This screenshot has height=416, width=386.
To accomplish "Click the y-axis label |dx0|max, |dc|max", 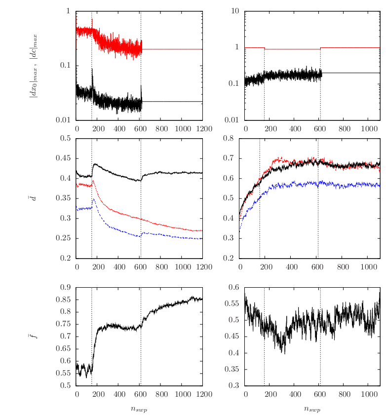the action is coord(33,66).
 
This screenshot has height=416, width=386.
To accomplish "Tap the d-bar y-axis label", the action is coord(33,198).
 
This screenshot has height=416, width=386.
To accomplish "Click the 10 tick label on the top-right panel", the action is coord(235,11).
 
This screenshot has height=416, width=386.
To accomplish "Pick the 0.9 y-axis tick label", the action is coord(65,287).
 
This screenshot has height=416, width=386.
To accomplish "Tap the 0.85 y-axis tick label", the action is coord(63,300).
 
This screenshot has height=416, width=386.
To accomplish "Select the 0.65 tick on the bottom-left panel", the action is coord(63,348).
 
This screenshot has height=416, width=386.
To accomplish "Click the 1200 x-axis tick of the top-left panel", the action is coord(204,129).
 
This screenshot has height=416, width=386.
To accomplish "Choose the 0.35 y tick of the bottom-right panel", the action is coord(232,369).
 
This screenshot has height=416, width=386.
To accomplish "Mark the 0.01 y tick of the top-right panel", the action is coord(232,120).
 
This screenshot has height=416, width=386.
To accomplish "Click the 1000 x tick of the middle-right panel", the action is coord(369,267).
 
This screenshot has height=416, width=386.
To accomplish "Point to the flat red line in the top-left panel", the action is coord(172,49).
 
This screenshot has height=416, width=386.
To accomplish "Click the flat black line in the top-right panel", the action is coord(351,73).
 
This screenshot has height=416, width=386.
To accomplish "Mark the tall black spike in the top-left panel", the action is coord(92,79).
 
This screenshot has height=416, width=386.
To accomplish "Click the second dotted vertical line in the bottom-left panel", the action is coord(141,337).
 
